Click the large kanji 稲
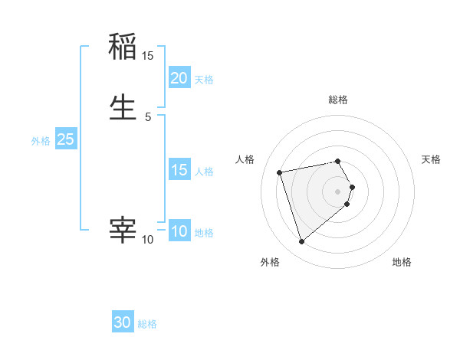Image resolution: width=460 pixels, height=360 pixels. [123, 47]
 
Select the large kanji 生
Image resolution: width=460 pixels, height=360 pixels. [123, 106]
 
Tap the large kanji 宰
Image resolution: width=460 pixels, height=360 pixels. [123, 229]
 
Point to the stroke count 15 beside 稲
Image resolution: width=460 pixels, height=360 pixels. [148, 56]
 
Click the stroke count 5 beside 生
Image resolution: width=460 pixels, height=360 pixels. [148, 117]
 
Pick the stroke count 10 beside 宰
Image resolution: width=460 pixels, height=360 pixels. [148, 240]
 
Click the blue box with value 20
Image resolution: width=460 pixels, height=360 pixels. [179, 78]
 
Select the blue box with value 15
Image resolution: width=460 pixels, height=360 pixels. [179, 170]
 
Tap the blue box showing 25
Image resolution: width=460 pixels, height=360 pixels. [65, 139]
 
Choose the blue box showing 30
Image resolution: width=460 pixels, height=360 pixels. [123, 322]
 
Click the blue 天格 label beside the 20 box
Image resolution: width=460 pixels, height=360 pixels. [204, 80]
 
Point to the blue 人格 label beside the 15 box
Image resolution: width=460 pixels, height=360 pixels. [204, 172]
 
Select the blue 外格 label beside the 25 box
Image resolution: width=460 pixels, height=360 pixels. [41, 141]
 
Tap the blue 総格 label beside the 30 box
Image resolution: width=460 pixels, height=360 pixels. [147, 324]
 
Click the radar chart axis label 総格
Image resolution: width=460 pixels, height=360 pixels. [338, 100]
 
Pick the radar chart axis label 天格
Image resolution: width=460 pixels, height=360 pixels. [431, 159]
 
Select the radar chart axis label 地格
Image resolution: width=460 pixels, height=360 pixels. [402, 262]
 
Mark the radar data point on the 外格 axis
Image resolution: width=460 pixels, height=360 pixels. [301, 242]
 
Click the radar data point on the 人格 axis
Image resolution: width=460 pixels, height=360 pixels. [280, 172]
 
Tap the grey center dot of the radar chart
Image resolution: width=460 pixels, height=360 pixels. [338, 191]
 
